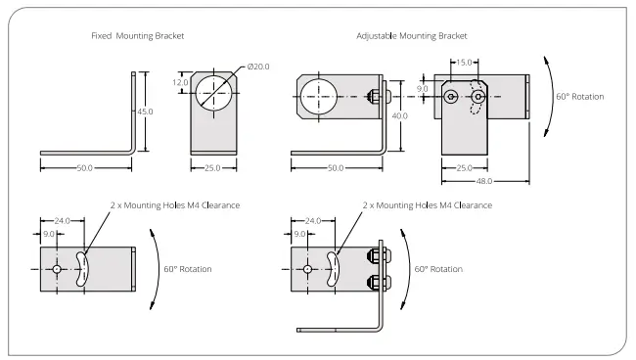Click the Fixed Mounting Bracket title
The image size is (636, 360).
coord(138,35)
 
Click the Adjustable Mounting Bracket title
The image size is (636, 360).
coord(412,35)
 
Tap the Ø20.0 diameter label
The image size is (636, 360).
coord(258,67)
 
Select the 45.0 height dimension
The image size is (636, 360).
coord(145,112)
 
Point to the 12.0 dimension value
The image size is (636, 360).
coord(180,82)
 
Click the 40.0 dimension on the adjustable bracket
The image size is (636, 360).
coord(400,116)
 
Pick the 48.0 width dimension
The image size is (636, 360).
coord(484,181)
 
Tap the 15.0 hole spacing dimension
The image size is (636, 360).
coord(464,63)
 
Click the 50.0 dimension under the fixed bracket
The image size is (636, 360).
coord(85,168)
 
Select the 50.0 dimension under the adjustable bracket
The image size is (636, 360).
coord(336,168)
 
